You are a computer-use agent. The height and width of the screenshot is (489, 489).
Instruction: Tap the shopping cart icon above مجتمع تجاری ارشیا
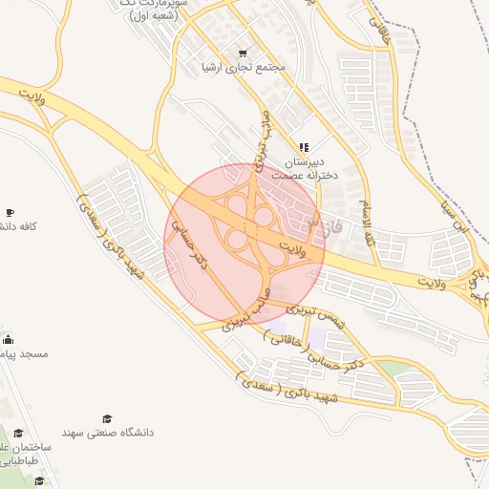tap(243, 53)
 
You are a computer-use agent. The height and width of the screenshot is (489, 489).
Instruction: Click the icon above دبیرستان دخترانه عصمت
tap(303, 147)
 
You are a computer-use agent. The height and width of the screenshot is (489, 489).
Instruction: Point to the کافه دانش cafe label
tap(19, 226)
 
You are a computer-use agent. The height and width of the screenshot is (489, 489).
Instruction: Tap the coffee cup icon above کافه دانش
tap(10, 211)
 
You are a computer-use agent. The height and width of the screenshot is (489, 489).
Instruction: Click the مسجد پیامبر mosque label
tap(24, 353)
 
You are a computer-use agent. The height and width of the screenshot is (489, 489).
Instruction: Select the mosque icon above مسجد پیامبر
tap(9, 339)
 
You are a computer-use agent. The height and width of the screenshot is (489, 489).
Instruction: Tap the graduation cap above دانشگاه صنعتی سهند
tap(107, 418)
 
